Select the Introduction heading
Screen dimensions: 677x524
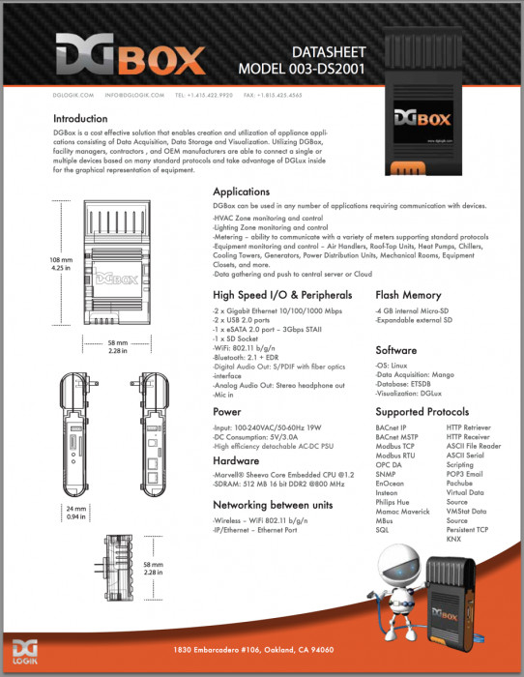pos(80,119)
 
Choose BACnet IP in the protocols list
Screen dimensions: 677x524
pos(391,427)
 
